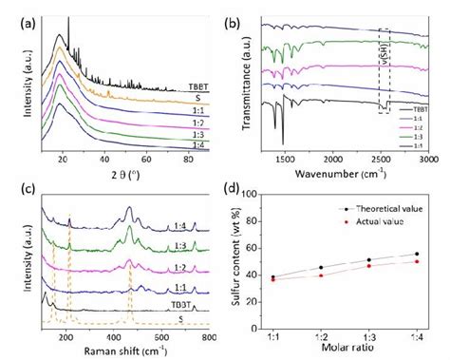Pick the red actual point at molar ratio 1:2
point(321,275)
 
